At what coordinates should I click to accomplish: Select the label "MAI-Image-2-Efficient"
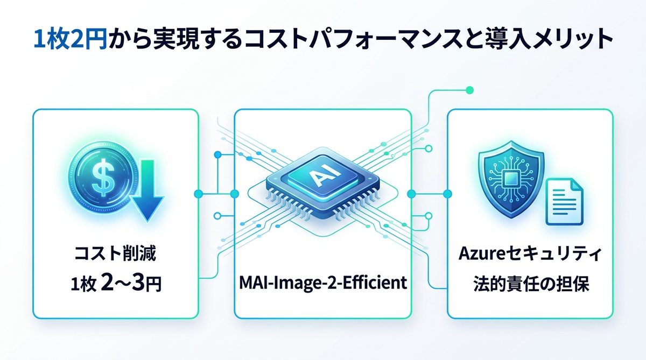[322, 282]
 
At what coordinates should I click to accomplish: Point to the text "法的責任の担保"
[530, 284]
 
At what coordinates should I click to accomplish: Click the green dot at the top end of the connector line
[469, 89]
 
